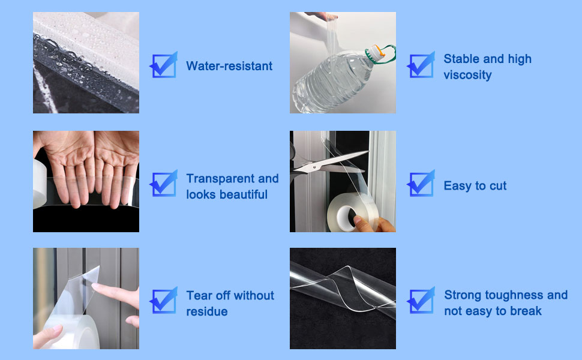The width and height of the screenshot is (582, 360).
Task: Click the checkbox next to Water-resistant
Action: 164,65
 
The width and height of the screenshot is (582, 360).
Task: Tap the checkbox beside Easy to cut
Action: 421,184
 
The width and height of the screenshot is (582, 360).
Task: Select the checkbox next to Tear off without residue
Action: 164,300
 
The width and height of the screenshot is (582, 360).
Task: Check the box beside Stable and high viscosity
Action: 421,65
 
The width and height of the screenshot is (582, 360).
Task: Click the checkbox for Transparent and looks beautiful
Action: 164,183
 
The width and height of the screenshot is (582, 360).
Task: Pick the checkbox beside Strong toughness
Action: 421,300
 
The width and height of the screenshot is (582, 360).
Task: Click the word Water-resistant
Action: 229,66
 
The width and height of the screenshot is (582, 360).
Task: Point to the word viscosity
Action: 467,75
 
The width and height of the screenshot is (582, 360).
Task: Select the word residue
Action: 207,311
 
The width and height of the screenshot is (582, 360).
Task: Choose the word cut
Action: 498,186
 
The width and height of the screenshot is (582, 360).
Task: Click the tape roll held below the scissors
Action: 352,212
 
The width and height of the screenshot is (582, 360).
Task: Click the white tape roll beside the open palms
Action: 40,184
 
